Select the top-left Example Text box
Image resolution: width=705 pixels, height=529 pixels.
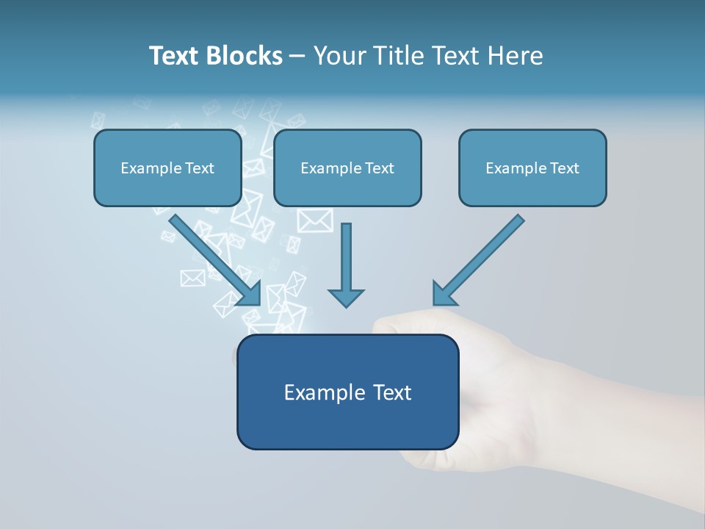[x=167, y=168]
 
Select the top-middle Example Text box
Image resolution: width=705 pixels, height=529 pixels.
[x=347, y=168]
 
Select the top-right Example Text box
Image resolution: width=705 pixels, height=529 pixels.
[x=532, y=168]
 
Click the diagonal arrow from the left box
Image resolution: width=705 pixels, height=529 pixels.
[x=213, y=257]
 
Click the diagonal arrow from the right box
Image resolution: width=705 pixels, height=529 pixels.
[x=481, y=257]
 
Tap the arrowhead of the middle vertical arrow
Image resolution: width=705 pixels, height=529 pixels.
[x=346, y=296]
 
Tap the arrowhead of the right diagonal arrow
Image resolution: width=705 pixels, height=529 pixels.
[x=444, y=293]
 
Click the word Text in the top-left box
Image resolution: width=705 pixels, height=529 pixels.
[x=199, y=168]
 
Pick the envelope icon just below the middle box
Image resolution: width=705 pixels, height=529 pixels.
[x=315, y=220]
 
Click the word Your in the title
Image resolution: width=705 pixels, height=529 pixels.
[x=340, y=56]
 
